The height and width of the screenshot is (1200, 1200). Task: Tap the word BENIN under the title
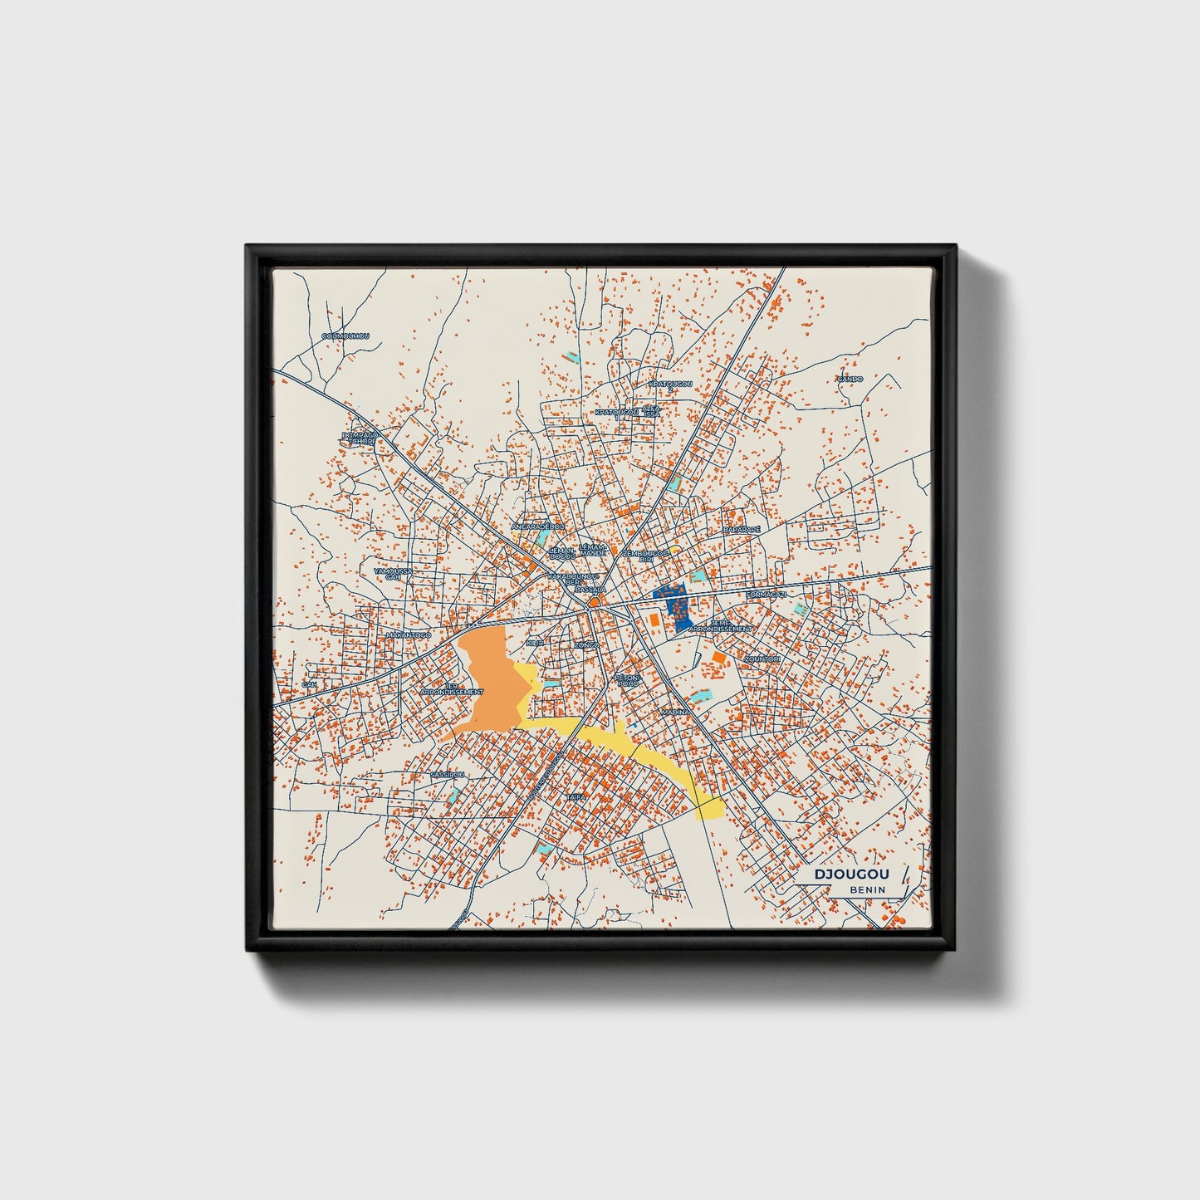[867, 889]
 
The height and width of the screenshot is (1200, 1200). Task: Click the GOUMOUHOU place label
[345, 336]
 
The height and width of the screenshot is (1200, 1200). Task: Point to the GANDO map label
[850, 379]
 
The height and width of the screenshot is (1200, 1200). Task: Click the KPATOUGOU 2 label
[670, 385]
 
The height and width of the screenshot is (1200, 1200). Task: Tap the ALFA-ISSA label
[652, 411]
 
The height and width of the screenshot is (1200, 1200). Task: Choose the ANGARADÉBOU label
[537, 527]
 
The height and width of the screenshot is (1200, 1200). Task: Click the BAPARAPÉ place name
[742, 529]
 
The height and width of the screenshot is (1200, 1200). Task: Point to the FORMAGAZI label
[767, 595]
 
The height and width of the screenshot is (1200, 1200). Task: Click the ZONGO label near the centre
[586, 644]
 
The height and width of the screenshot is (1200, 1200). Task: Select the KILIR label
[535, 643]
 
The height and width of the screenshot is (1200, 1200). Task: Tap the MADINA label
[675, 713]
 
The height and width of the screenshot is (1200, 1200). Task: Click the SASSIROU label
[447, 774]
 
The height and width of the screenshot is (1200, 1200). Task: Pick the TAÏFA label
[576, 796]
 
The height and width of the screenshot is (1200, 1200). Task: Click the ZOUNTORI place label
[762, 659]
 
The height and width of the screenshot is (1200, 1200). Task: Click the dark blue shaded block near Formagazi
[674, 605]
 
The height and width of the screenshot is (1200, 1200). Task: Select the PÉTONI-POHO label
[627, 680]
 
